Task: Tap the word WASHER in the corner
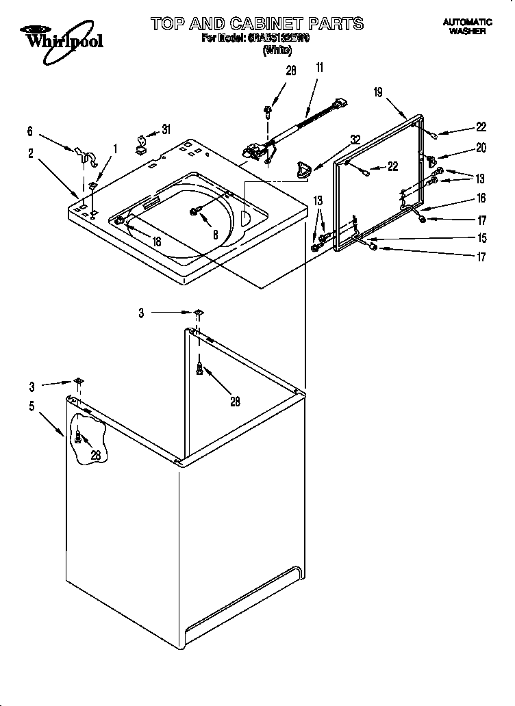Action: pyautogui.click(x=468, y=31)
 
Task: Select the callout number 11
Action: pyautogui.click(x=319, y=67)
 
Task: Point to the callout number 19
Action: pyautogui.click(x=378, y=93)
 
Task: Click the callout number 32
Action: pyautogui.click(x=355, y=139)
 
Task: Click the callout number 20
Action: pyautogui.click(x=481, y=146)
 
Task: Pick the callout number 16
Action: pyautogui.click(x=481, y=198)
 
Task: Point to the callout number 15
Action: pyautogui.click(x=481, y=238)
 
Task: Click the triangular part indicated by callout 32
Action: pyautogui.click(x=301, y=168)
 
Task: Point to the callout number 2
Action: pyautogui.click(x=31, y=154)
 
